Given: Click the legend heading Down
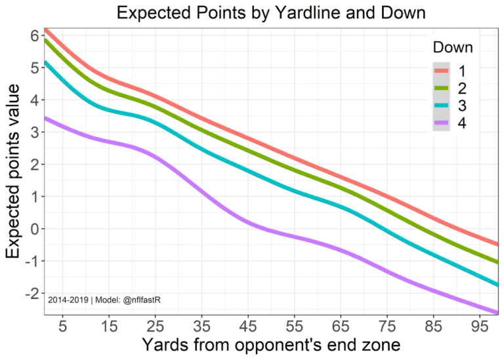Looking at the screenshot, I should point(453,48).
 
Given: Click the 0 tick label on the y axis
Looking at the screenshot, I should point(33,229).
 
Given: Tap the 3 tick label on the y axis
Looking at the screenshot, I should point(33,132).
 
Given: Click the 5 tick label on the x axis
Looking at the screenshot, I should point(64,325).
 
